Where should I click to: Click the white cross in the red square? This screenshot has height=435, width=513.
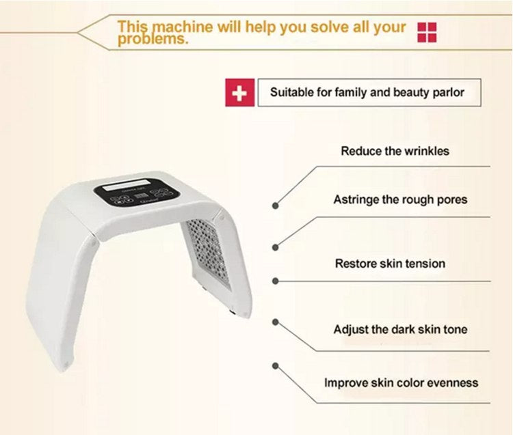(x=239, y=93)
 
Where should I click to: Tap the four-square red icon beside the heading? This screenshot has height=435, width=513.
(x=427, y=31)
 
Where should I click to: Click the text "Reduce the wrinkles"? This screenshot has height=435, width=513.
(x=395, y=151)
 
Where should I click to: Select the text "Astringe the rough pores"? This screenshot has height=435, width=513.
(x=400, y=200)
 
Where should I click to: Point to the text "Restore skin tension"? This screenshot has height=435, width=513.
(x=390, y=264)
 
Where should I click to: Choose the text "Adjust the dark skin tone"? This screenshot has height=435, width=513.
(x=400, y=329)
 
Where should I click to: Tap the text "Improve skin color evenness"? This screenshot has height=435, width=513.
(x=401, y=382)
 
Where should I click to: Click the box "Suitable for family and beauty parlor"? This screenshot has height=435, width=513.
(x=367, y=92)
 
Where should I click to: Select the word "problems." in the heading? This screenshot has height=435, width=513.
(x=152, y=39)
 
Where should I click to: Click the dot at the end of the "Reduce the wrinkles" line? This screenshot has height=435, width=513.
(x=276, y=204)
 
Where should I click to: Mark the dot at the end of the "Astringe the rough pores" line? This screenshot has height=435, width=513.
(x=276, y=247)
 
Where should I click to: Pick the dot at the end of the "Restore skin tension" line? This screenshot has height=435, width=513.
(x=276, y=281)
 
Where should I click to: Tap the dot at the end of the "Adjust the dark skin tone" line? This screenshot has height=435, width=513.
(x=276, y=320)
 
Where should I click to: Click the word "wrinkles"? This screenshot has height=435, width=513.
(x=425, y=151)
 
